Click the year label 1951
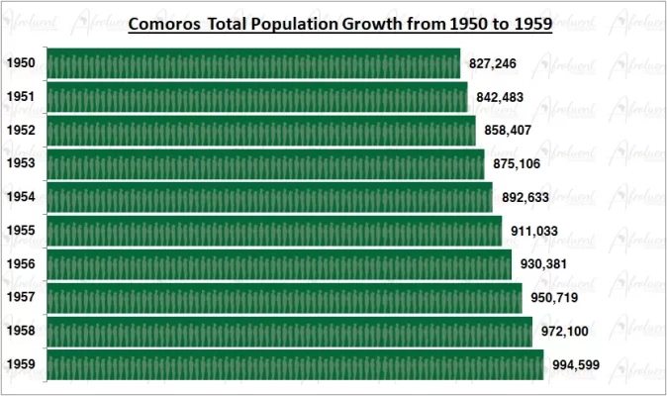click(x=21, y=97)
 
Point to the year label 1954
click(x=21, y=197)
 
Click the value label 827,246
click(x=493, y=63)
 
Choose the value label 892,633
click(x=524, y=197)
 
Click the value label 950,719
click(x=554, y=298)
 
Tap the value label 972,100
click(x=564, y=332)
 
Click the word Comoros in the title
click(x=164, y=21)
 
